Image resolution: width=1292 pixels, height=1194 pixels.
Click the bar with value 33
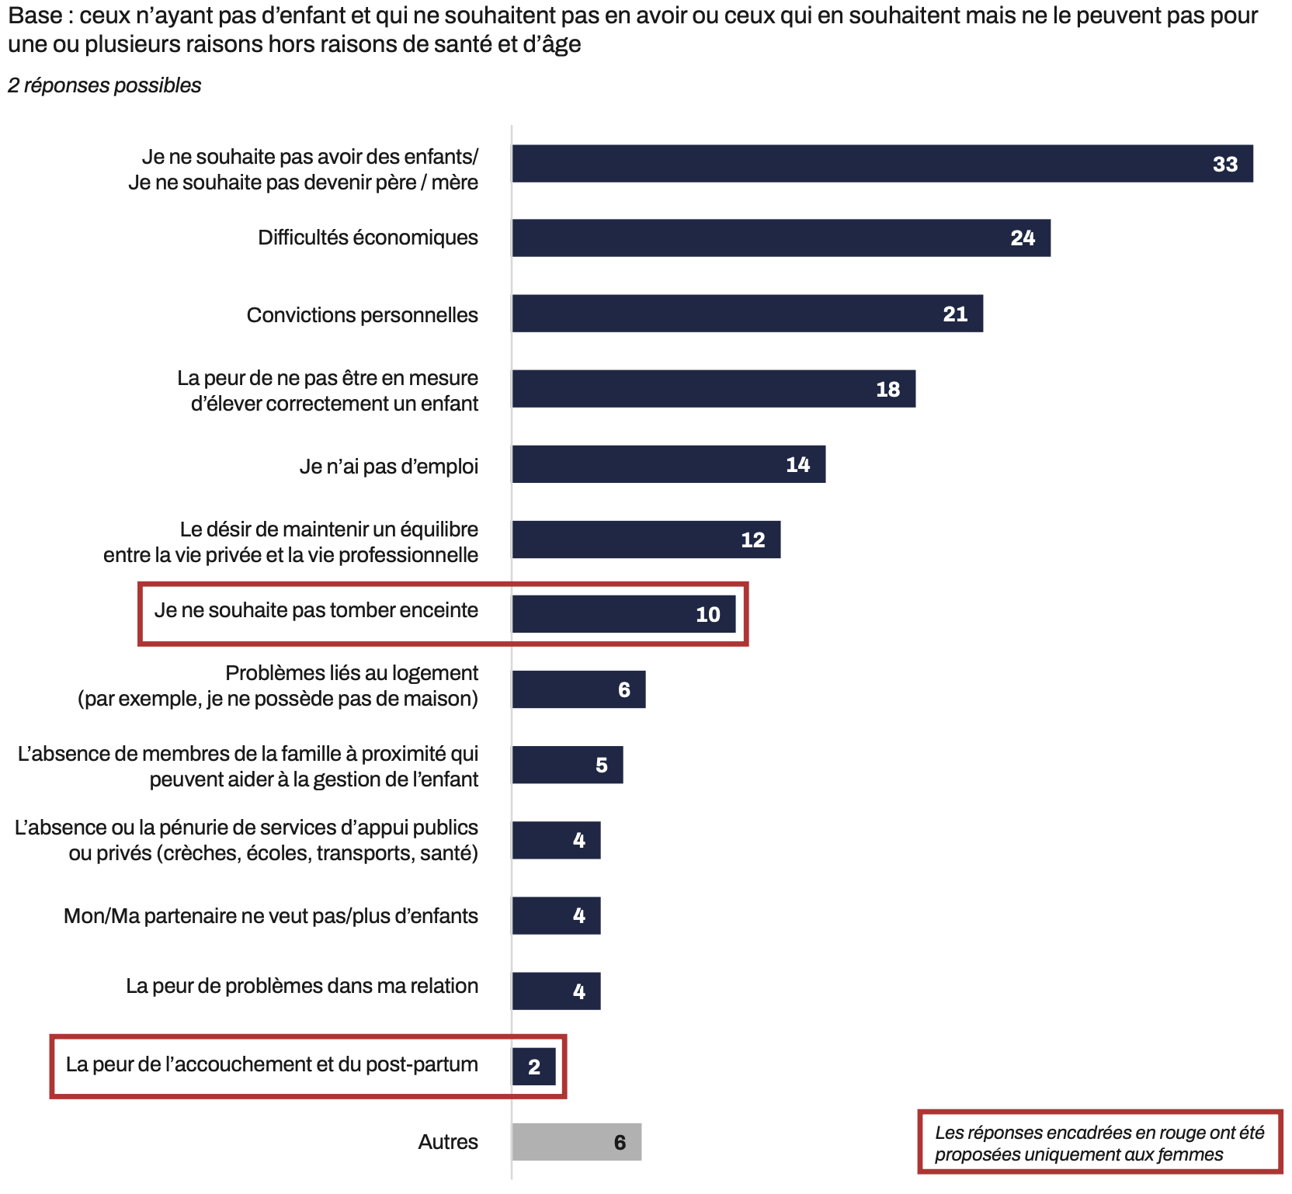[x=882, y=164]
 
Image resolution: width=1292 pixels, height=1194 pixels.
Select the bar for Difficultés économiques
[x=780, y=238]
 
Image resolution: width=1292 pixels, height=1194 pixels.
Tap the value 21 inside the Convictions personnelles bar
[x=955, y=314]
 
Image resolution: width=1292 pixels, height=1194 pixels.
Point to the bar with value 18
[x=713, y=389]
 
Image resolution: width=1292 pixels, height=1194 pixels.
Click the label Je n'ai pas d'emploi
[x=388, y=467]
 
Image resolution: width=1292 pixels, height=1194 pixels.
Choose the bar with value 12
[x=646, y=540]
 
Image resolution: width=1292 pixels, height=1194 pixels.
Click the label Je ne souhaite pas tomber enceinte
[x=316, y=611]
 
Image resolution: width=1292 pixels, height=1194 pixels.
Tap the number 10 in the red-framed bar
[x=707, y=615]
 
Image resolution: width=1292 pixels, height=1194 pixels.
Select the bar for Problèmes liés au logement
[x=578, y=689]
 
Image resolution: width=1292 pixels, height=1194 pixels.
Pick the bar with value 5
[x=567, y=765]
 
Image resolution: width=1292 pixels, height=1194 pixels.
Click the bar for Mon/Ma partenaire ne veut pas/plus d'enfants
[x=556, y=915]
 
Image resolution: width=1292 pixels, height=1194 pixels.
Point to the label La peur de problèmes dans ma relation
[x=302, y=986]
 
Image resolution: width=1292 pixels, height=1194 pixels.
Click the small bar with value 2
[x=533, y=1067]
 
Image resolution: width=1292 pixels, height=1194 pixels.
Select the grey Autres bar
[x=576, y=1142]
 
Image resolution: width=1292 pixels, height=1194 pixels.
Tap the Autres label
[x=448, y=1142]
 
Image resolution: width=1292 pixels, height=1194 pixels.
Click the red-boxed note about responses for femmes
[x=1099, y=1143]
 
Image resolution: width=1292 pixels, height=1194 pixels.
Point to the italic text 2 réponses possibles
[x=105, y=85]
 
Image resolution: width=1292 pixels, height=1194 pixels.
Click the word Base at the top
[x=35, y=16]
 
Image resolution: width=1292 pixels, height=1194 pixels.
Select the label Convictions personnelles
[x=362, y=315]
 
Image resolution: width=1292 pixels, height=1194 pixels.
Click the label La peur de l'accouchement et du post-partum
[x=272, y=1064]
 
